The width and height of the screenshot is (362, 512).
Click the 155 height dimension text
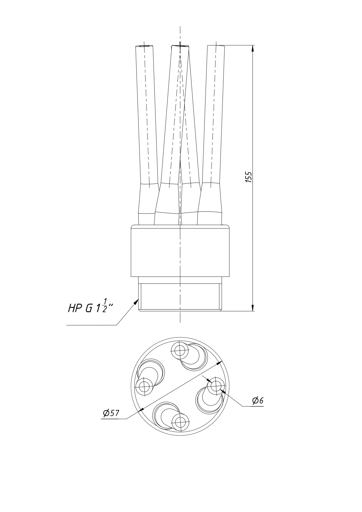coord(248,177)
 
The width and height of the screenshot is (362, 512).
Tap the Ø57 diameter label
coord(111,413)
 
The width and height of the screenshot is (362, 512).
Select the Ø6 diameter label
coord(257,401)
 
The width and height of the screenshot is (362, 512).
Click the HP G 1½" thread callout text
coord(90,307)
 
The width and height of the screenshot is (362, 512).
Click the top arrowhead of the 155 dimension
coord(253,48)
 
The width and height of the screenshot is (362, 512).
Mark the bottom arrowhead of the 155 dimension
coord(253,307)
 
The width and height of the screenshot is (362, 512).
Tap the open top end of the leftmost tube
coord(145,46)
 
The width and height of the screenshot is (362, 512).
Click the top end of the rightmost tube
coord(216,46)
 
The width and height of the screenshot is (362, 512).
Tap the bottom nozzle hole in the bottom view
coord(180,422)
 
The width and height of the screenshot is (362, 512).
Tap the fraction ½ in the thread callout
coord(105,305)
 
